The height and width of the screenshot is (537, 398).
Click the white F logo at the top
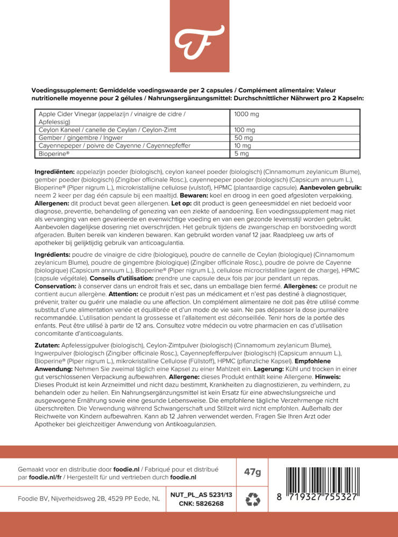tap(198, 36)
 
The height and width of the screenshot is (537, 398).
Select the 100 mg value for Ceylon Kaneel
tap(245, 130)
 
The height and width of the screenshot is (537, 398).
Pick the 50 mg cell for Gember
tap(244, 138)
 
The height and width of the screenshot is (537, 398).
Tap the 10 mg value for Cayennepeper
tap(243, 146)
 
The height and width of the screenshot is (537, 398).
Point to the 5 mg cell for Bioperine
tap(241, 154)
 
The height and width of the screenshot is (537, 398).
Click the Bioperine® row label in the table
tap(54, 154)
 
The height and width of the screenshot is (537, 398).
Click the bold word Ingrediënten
tap(54, 171)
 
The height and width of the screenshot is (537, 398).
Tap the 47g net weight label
tap(252, 472)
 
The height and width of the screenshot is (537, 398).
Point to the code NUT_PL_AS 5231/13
tap(201, 495)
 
